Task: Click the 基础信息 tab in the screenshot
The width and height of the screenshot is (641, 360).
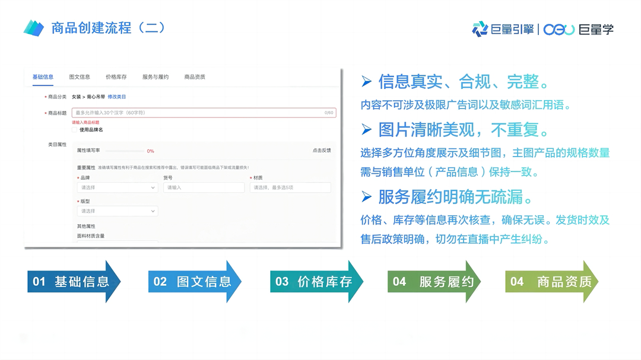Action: tap(43, 77)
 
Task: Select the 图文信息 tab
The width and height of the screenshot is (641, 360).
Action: tap(80, 77)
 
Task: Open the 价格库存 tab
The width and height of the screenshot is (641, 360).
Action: tap(116, 77)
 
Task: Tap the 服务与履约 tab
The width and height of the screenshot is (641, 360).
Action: tap(156, 77)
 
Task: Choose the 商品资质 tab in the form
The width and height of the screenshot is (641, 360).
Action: tap(195, 77)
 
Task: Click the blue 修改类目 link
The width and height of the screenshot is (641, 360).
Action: tap(117, 97)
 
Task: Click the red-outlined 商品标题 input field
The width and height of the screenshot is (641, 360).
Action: tap(204, 113)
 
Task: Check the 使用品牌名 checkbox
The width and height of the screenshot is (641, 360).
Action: tap(75, 130)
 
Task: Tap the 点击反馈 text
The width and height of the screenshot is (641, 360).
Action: tap(322, 151)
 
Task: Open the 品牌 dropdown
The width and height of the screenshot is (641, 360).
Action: tap(118, 187)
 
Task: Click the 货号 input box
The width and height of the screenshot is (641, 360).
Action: tap(204, 187)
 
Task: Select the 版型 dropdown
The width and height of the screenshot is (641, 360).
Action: tap(118, 211)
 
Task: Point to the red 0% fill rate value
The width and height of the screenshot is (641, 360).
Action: tap(151, 151)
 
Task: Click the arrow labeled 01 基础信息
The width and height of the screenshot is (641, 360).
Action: tap(74, 282)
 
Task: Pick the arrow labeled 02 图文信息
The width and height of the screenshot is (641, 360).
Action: tap(195, 282)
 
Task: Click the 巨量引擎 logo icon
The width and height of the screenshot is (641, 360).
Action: tap(480, 28)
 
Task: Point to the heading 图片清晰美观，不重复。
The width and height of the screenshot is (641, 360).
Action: tap(464, 130)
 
